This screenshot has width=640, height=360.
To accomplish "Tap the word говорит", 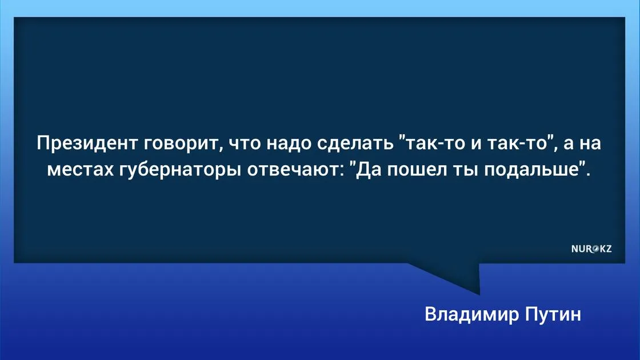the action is pyautogui.click(x=184, y=145).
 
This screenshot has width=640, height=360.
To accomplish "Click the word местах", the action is pyautogui.click(x=81, y=170).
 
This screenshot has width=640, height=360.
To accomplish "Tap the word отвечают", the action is pyautogui.click(x=293, y=170).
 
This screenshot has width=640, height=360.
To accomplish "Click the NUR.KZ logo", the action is pyautogui.click(x=591, y=249).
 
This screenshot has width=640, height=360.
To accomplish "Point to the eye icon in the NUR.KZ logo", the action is pyautogui.click(x=595, y=249).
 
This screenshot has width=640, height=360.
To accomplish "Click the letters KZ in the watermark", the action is pyautogui.click(x=606, y=249).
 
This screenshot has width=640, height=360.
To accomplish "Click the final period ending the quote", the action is pyautogui.click(x=588, y=175).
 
